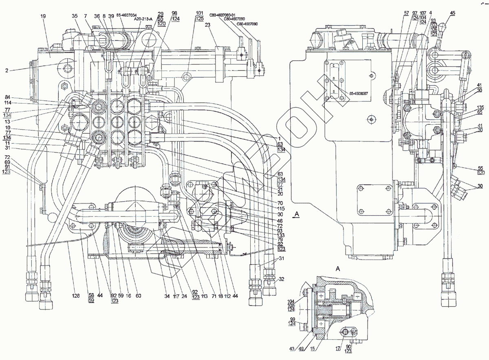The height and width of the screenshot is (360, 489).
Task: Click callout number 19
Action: [x=43, y=16]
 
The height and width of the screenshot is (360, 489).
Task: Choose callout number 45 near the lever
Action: [x=452, y=13]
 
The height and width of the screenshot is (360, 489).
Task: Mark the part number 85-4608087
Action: [x=359, y=94]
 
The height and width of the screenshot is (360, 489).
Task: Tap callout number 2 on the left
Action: [x=8, y=70]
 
